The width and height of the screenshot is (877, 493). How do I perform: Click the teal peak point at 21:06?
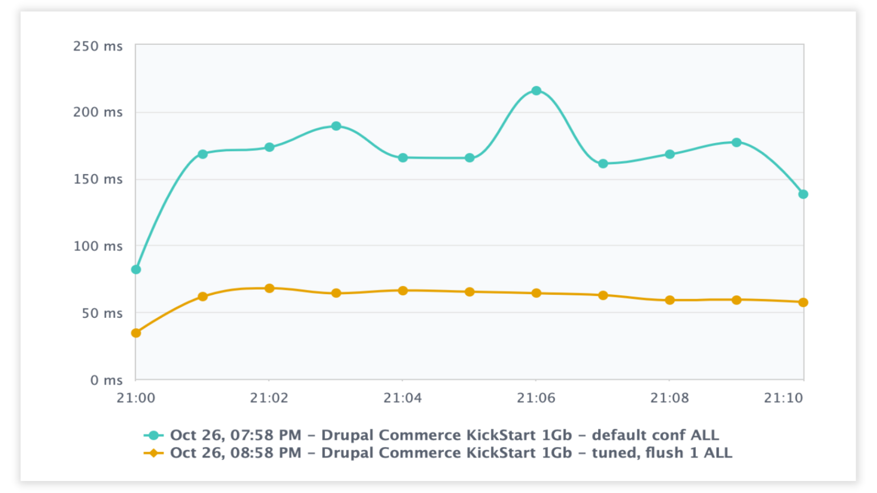click(536, 91)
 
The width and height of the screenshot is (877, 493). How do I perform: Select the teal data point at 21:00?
click(136, 270)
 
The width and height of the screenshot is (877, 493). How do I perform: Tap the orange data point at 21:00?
click(136, 333)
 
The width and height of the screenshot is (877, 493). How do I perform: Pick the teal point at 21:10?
click(803, 194)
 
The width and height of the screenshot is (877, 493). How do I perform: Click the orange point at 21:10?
click(803, 302)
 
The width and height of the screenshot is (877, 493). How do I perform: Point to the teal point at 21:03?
click(336, 126)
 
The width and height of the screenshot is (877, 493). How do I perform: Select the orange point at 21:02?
click(269, 289)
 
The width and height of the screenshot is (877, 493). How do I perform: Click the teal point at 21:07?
click(603, 164)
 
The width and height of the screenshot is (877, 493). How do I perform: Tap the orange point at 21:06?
click(536, 294)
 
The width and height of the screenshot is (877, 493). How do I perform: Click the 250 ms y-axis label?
click(98, 47)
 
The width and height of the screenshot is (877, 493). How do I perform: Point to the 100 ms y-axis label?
click(98, 246)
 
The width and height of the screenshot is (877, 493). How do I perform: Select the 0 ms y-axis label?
click(106, 380)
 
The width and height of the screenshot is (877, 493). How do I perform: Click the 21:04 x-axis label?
click(402, 398)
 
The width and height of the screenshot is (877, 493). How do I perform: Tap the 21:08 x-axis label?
click(669, 398)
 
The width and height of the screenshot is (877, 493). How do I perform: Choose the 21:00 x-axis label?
click(136, 398)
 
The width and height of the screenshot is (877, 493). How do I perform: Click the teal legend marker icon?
click(153, 435)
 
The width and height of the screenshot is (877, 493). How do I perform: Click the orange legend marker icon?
click(153, 453)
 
